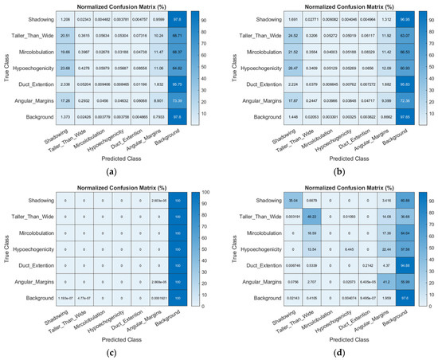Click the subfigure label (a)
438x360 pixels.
click(109, 170)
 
